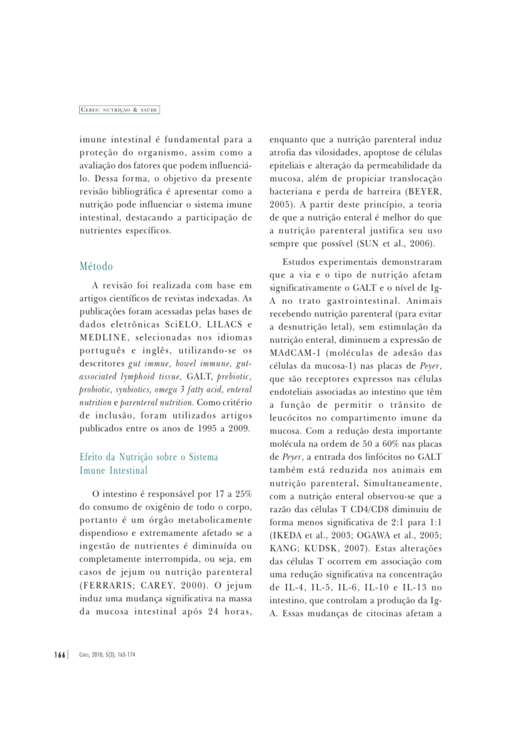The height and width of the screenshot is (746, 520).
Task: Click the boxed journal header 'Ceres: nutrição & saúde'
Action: pos(119,110)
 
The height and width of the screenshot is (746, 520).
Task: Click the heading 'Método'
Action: pos(96,266)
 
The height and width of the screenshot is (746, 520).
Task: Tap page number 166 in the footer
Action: pos(59,654)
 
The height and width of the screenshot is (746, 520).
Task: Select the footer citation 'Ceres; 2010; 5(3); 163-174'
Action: pos(107,654)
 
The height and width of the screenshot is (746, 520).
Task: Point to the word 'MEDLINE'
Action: pos(104,338)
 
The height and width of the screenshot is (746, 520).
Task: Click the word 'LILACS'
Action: pos(225,325)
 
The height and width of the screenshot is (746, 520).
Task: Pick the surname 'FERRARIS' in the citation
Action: pos(107,586)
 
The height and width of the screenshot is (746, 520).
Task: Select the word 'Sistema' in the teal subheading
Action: pos(203,457)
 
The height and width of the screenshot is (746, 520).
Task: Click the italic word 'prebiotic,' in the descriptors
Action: pos(234,377)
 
